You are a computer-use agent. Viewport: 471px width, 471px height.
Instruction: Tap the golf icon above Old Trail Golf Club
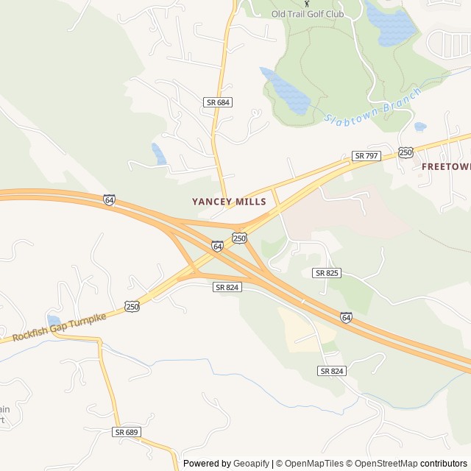point(307,3)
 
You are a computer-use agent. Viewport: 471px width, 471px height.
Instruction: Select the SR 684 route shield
point(219,103)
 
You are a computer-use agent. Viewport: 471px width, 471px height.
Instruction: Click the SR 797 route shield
point(366,156)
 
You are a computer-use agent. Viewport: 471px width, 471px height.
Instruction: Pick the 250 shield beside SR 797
point(406,152)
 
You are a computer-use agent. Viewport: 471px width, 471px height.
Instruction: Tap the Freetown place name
point(446,166)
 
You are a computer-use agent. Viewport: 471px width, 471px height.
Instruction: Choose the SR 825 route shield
point(327,273)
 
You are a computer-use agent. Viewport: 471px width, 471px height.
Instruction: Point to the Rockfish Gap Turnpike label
point(59,327)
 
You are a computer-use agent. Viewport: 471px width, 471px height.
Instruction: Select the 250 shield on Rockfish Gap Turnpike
point(132,306)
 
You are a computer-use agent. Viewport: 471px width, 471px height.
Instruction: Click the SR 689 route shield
point(127,432)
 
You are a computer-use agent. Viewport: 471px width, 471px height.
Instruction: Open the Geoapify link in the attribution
point(251,464)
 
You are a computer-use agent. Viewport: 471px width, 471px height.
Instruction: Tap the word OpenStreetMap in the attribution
point(382,464)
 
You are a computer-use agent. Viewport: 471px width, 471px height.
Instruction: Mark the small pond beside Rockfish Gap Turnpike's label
point(53,320)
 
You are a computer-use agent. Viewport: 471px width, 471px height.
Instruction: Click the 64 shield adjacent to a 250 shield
point(217,246)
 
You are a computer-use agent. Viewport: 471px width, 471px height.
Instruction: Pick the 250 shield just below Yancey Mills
point(239,237)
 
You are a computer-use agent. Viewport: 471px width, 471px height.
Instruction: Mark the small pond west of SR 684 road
point(159,154)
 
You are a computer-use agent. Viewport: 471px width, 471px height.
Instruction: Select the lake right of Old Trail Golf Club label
point(389,23)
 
